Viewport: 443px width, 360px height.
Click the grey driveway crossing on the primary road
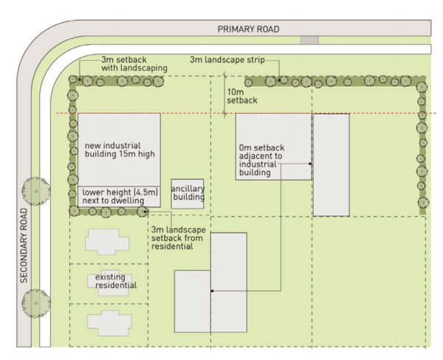(309, 39)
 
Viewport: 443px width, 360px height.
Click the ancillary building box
(188, 195)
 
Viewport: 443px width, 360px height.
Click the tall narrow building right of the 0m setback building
(331, 165)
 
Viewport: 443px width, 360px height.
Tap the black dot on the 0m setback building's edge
(311, 163)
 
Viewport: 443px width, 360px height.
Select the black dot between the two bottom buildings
(211, 291)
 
